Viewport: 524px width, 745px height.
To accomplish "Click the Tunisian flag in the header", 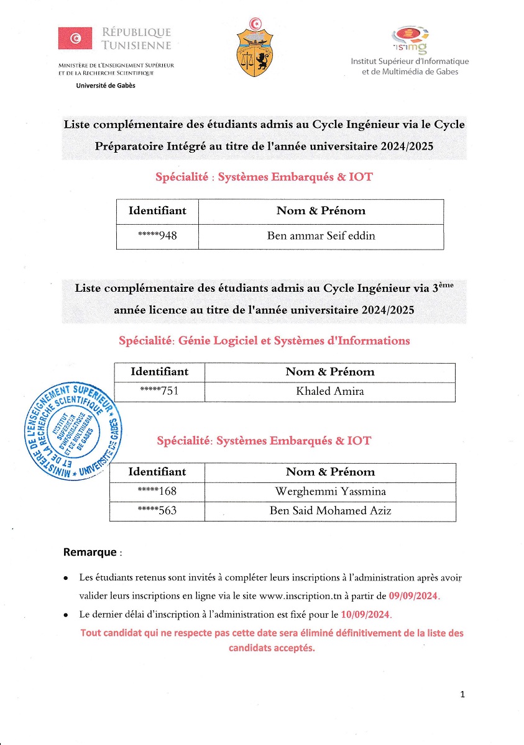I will [x=75, y=38].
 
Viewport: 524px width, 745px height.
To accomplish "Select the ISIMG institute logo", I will [x=410, y=38].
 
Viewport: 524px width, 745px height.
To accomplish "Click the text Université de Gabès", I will [x=105, y=86].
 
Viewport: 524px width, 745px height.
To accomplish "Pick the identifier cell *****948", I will [x=157, y=236].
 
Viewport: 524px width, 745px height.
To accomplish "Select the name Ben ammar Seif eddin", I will [x=321, y=236].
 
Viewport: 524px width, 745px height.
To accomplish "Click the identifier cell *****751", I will [x=160, y=391].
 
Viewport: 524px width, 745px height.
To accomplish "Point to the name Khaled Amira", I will [x=330, y=391].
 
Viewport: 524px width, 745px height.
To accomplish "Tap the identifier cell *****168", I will [x=157, y=492].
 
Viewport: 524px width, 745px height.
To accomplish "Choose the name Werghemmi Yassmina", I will [x=330, y=492].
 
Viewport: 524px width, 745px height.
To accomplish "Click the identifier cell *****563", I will [x=157, y=511].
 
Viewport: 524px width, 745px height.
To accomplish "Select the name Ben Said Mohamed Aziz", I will [x=330, y=511].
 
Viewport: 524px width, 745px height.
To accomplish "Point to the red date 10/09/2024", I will [x=366, y=615].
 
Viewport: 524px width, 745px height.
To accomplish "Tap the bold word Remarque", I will [x=90, y=552].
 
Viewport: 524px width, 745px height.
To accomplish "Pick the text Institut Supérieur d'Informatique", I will [x=410, y=61].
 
